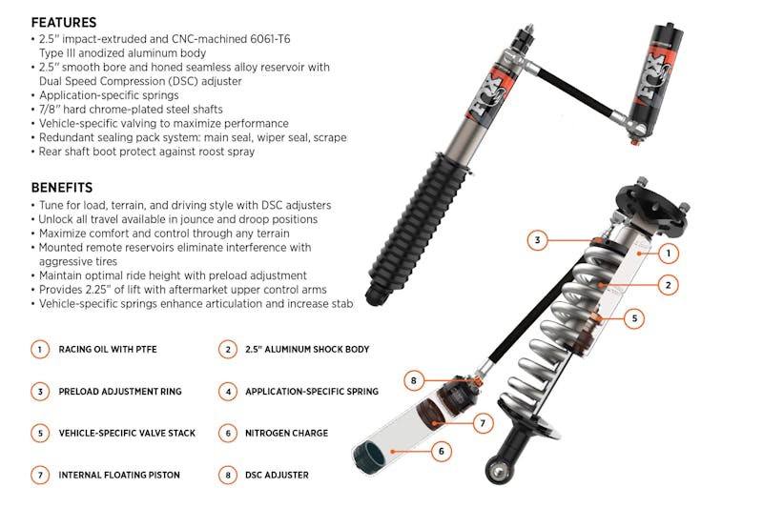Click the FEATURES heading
tap(63, 22)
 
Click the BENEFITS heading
tap(61, 187)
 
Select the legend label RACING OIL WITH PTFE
tap(108, 350)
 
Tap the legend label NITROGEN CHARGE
tap(286, 433)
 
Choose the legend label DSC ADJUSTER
tap(277, 475)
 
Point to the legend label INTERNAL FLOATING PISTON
tap(119, 475)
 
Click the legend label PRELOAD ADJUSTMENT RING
tap(120, 392)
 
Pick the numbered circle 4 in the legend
tap(227, 391)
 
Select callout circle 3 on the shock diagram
tap(538, 240)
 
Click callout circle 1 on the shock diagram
tap(670, 253)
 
